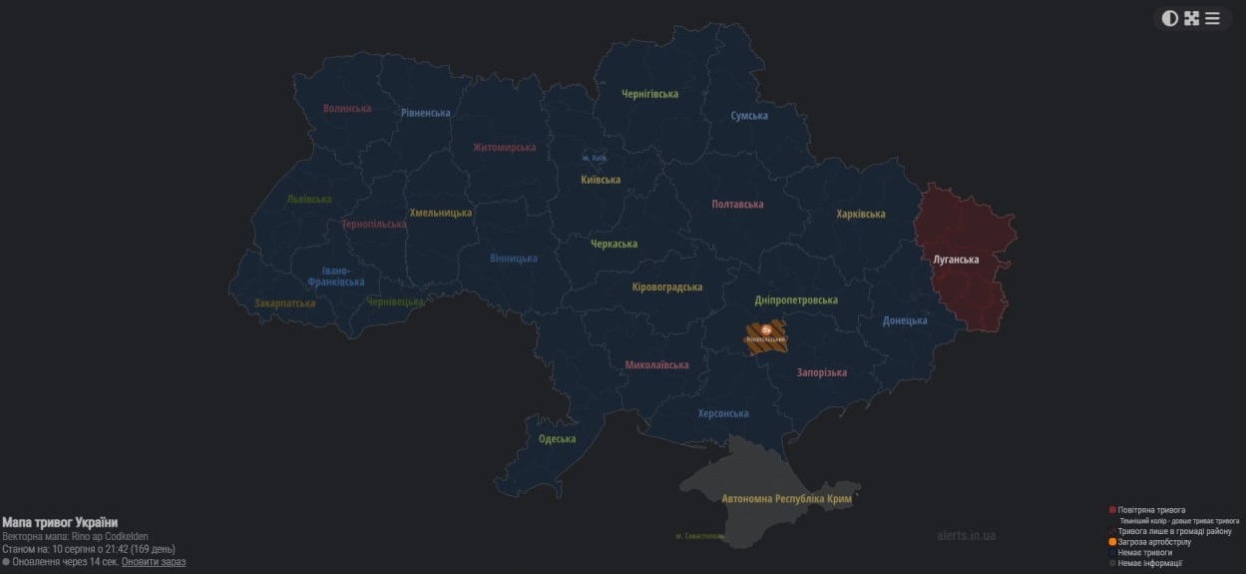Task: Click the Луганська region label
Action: point(955,260)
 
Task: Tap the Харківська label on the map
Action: point(860,214)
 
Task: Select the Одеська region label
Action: point(557,439)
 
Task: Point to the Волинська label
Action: point(347,108)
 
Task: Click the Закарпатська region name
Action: point(284,302)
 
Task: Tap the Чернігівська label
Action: point(649,94)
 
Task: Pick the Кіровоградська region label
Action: point(666,287)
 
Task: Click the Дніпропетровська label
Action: point(795,299)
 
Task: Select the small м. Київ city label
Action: point(595,158)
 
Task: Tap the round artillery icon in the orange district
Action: point(766,329)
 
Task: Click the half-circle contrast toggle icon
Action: point(1170,18)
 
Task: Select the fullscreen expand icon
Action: point(1191,18)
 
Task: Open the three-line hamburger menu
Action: point(1212,18)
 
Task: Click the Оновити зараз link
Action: point(154,562)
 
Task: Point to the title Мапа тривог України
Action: point(60,522)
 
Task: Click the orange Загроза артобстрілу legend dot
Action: point(1112,542)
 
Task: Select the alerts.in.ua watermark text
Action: point(966,535)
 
